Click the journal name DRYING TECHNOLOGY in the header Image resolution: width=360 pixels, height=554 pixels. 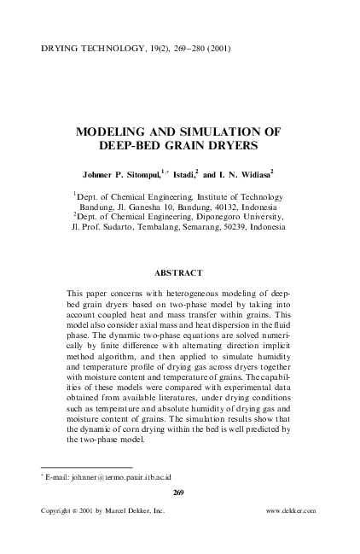84,49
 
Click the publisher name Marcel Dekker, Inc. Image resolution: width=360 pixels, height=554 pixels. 128,510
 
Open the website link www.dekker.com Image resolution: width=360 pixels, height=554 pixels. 291,510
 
